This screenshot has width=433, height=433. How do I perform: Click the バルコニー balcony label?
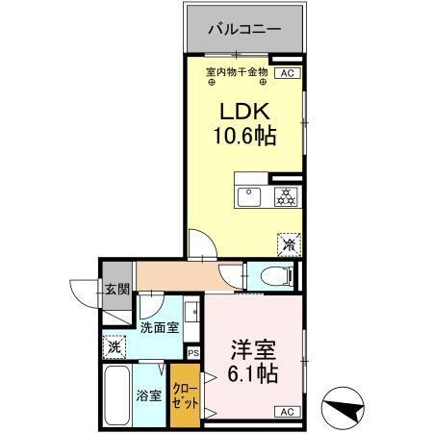point(245,30)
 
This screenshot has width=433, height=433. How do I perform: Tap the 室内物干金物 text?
point(236,72)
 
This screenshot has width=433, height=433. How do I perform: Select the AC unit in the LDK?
point(287,72)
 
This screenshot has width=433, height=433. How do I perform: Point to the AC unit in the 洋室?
point(286,412)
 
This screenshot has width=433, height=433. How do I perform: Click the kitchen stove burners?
point(285,197)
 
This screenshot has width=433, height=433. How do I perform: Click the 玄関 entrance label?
point(116,290)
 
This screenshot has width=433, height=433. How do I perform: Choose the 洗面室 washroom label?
point(159,327)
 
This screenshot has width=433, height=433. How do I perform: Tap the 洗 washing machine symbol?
point(115,346)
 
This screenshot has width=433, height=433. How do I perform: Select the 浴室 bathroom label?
point(149,395)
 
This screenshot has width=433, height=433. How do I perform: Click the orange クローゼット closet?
point(183,394)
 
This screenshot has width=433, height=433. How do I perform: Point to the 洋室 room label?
point(252,348)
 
